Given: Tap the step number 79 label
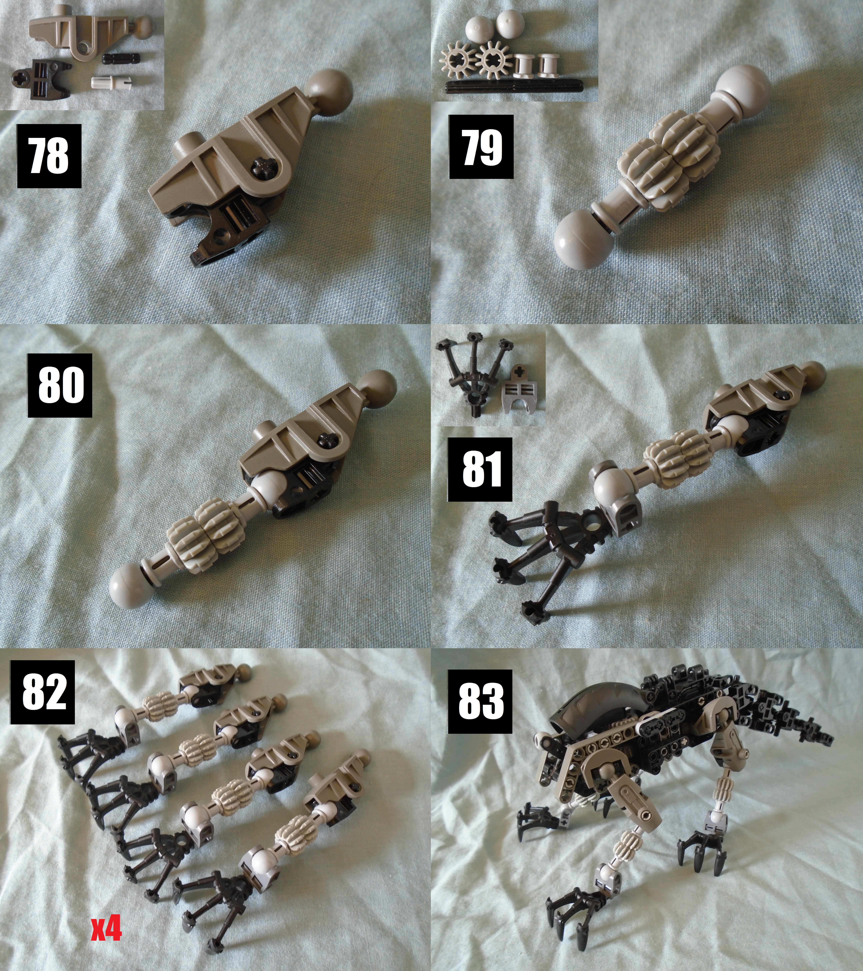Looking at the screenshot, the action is [481, 147].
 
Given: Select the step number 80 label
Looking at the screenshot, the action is [60, 385].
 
